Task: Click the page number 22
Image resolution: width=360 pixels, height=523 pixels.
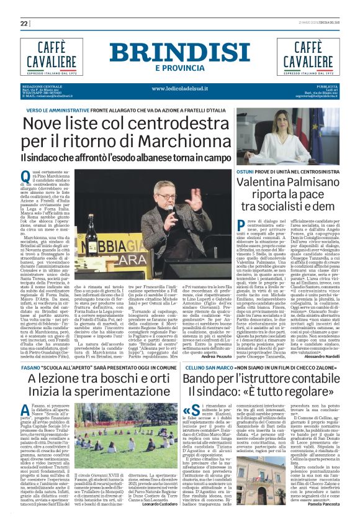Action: point(24,24)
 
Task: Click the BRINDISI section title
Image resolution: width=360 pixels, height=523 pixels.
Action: point(180,52)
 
